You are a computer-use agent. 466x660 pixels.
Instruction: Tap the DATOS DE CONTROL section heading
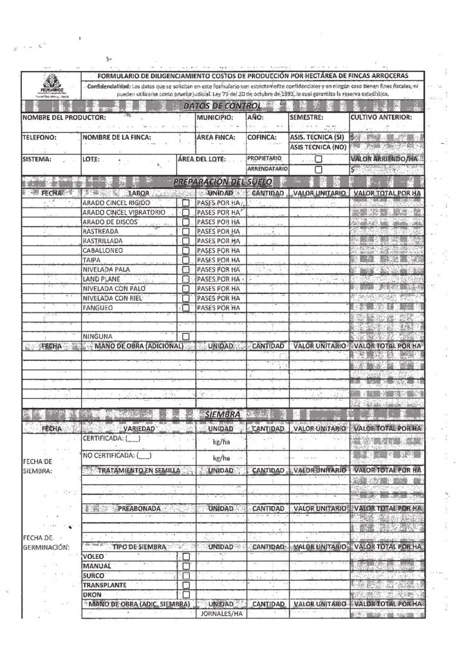(x=222, y=106)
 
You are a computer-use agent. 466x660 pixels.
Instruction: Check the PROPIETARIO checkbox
(x=318, y=159)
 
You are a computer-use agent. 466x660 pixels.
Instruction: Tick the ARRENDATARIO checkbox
(x=318, y=169)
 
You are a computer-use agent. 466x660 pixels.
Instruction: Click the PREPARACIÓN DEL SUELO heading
(x=223, y=182)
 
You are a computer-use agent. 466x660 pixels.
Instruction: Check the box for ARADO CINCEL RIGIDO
(x=186, y=202)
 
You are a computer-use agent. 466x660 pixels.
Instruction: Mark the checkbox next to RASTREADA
(x=186, y=231)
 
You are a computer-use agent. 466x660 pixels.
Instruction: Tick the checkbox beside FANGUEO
(x=186, y=308)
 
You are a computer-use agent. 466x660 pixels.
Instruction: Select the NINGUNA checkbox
(x=186, y=336)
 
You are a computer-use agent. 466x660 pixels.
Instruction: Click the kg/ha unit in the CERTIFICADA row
(x=221, y=443)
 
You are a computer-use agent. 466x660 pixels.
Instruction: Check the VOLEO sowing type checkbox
(x=187, y=556)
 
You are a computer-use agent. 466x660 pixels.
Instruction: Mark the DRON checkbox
(x=187, y=594)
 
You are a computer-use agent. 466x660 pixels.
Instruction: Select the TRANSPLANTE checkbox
(x=187, y=585)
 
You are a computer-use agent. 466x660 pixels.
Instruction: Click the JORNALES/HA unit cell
(x=220, y=614)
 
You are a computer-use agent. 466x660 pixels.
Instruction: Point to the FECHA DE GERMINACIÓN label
(x=45, y=542)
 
